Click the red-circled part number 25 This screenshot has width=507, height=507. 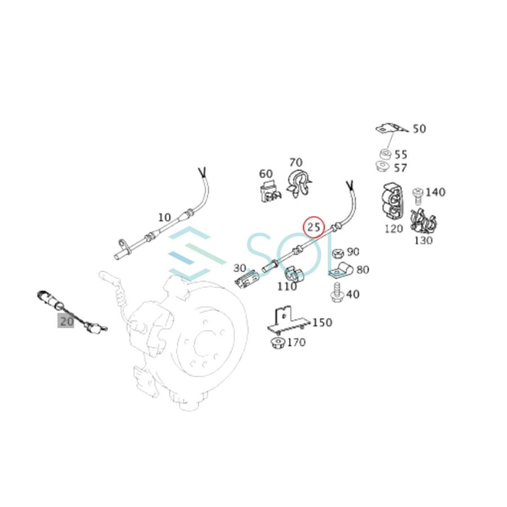point(314,227)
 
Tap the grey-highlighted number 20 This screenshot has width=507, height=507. point(66,322)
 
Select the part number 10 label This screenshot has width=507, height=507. point(164,217)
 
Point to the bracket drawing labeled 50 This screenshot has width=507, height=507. point(392,129)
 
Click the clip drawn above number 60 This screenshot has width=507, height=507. point(269,192)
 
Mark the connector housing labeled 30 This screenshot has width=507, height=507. point(246,278)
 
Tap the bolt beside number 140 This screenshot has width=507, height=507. point(418,195)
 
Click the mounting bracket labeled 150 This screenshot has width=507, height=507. point(287,322)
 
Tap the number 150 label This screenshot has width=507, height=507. point(322,323)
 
